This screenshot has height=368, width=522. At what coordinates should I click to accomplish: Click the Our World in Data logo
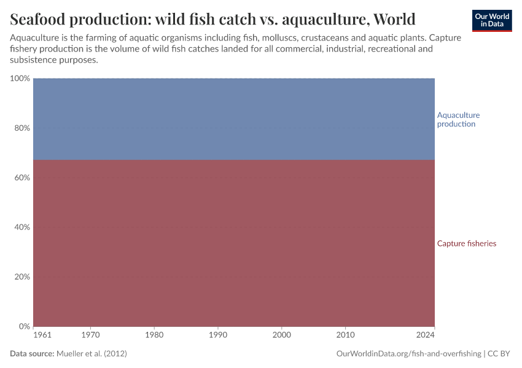tap(492, 20)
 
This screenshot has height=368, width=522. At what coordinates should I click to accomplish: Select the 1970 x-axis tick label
tap(91, 335)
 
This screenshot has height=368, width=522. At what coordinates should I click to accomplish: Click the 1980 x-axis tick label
tap(154, 335)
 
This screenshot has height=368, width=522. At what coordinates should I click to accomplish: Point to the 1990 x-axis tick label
tap(218, 335)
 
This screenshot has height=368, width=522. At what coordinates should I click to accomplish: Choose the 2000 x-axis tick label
tap(282, 335)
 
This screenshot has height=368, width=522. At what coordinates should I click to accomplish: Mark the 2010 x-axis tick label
tap(346, 335)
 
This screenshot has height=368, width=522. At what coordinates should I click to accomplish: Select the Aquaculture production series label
tap(458, 120)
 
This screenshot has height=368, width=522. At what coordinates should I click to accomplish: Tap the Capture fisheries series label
tap(467, 243)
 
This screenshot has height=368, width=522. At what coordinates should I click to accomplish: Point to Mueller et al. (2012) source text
tap(92, 354)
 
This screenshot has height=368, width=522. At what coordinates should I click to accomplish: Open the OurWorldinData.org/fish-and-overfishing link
tap(409, 354)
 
